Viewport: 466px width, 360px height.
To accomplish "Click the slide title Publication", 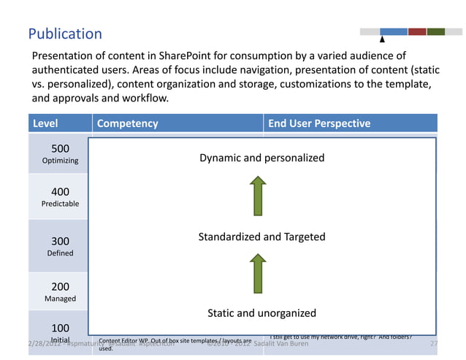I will (x=65, y=34).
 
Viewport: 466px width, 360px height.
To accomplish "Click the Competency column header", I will (x=127, y=123).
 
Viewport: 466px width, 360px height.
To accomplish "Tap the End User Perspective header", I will (x=319, y=123).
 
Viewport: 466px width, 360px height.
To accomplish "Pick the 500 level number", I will (x=60, y=149).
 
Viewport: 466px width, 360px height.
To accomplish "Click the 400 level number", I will (x=60, y=192).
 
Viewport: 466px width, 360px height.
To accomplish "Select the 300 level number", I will (x=60, y=241).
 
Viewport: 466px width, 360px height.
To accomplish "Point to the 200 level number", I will (x=60, y=287).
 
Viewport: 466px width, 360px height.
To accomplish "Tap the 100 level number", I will (x=60, y=328).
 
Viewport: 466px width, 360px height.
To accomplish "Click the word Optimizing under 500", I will (x=60, y=161).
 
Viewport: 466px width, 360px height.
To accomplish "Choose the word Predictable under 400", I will (x=60, y=204).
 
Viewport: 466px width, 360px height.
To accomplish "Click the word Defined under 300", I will (x=60, y=253).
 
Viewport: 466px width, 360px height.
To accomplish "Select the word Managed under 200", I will (x=60, y=299).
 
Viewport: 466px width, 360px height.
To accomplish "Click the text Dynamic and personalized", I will (x=261, y=158).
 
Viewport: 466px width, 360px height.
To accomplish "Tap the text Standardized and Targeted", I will (x=261, y=237).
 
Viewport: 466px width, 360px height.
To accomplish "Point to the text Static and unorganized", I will (x=261, y=313).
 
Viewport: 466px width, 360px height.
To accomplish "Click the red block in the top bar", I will (x=417, y=31).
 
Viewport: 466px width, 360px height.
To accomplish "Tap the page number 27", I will (x=434, y=343).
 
